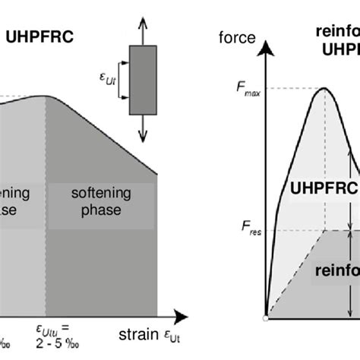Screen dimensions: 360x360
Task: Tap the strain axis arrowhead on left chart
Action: click(x=182, y=314)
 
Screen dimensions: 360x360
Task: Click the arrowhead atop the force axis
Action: click(x=267, y=47)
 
